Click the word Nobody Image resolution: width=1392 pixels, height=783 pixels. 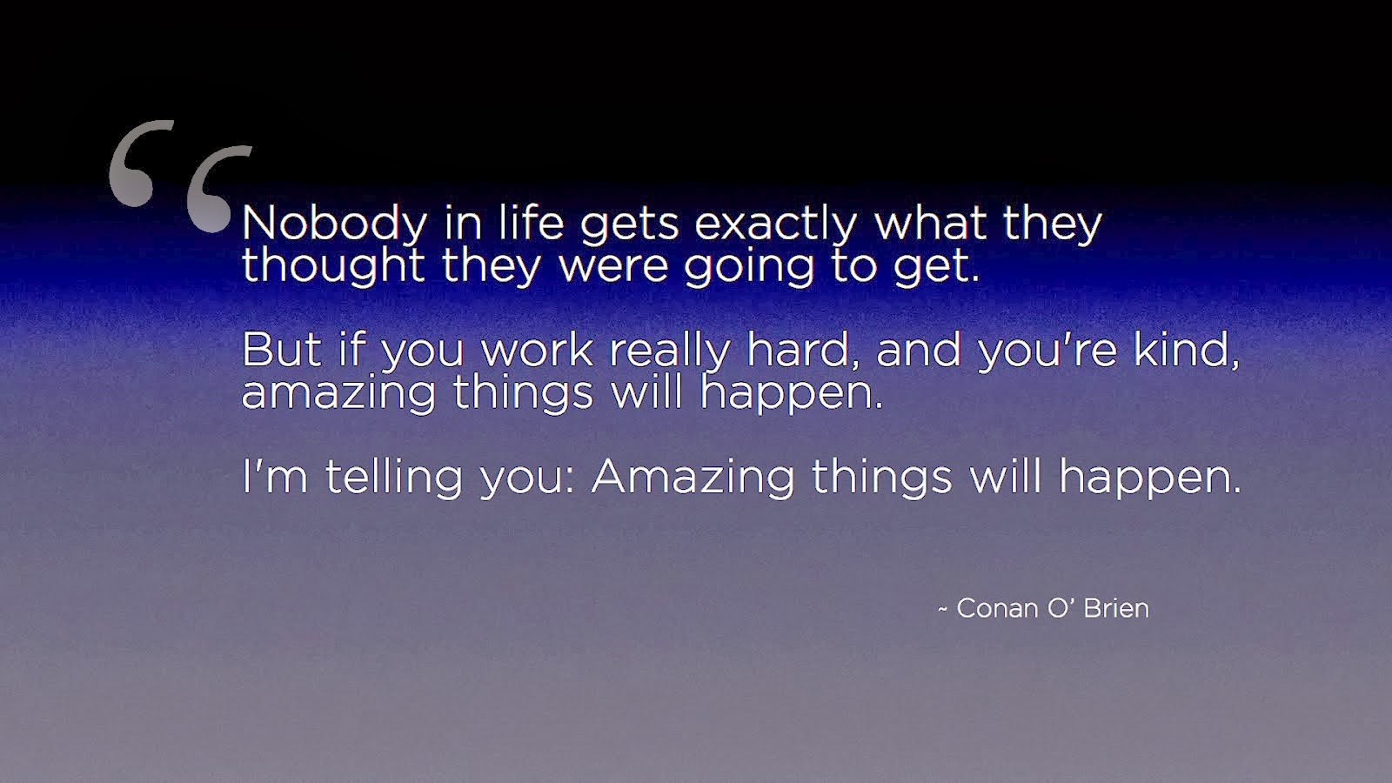pyautogui.click(x=334, y=224)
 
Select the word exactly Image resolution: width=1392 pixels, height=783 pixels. pyautogui.click(x=775, y=224)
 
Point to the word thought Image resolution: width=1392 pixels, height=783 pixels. pyautogui.click(x=333, y=265)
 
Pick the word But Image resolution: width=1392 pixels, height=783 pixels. pyautogui.click(x=282, y=349)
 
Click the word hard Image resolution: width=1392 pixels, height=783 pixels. pyautogui.click(x=802, y=349)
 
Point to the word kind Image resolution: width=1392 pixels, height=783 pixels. pyautogui.click(x=1187, y=349)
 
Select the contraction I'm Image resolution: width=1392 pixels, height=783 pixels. pyautogui.click(x=275, y=476)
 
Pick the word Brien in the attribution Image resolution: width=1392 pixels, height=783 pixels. pyautogui.click(x=1116, y=608)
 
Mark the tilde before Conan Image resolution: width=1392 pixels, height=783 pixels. pyautogui.click(x=943, y=610)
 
